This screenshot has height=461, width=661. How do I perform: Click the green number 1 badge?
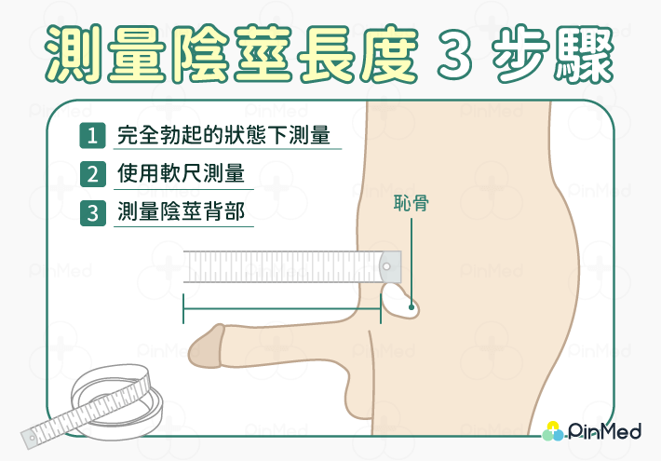click(x=92, y=135)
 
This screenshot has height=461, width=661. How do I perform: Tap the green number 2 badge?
click(x=92, y=174)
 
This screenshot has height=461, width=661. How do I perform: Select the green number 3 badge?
click(x=92, y=212)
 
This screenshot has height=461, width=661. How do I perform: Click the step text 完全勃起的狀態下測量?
click(x=224, y=135)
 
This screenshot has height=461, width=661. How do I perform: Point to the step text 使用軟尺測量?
click(x=181, y=174)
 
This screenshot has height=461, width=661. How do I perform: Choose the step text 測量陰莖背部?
click(x=181, y=212)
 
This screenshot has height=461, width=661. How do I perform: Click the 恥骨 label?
click(x=411, y=203)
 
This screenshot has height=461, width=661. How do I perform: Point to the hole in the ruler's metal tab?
click(x=387, y=267)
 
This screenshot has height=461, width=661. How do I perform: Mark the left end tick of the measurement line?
click(x=183, y=308)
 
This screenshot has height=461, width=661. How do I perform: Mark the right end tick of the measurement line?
click(x=380, y=308)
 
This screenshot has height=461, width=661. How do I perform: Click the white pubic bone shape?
click(x=401, y=300)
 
